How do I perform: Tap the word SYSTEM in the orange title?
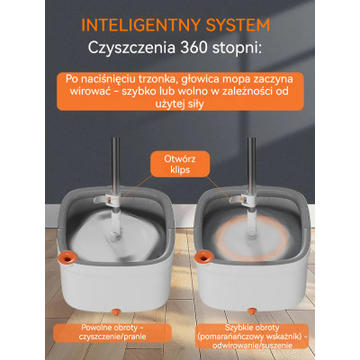coord(238,25)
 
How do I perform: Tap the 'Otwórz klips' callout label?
coord(180,164)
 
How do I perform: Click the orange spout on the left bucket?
coord(67,257)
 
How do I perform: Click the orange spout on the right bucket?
coord(203,257)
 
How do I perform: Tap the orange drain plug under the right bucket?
coord(252,311)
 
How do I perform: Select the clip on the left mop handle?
coord(106,199)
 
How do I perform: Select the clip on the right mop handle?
coord(242,199)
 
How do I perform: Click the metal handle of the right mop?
coord(252,166)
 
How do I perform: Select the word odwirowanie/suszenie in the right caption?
coord(252,346)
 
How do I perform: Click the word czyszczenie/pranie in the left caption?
coord(112,337)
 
